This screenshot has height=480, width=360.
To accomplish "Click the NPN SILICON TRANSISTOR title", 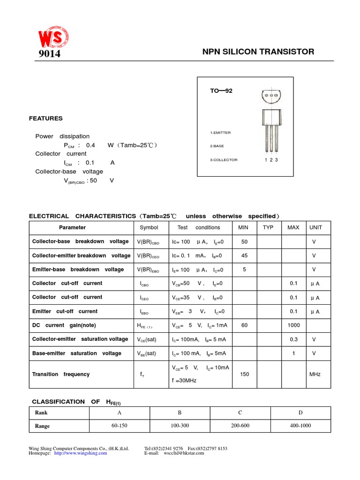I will (258, 52).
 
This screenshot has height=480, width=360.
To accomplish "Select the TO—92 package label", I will (221, 91).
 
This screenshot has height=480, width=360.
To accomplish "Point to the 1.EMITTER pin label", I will (220, 133).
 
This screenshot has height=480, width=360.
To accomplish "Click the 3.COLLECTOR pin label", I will (224, 160).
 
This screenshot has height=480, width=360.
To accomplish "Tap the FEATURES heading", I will (45, 119).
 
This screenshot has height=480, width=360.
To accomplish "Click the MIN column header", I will (243, 227).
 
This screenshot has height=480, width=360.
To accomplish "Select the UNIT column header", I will (315, 227).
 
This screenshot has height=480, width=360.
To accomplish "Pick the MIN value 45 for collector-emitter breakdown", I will (244, 255).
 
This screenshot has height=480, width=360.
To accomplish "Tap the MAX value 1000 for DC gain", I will (293, 325).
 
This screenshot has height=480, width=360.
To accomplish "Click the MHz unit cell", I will (315, 374).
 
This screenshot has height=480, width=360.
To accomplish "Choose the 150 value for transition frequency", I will (244, 374).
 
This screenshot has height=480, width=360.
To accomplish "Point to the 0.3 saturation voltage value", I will (293, 339).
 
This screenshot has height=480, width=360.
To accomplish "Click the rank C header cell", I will (240, 412).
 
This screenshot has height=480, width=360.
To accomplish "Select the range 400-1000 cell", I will (300, 426).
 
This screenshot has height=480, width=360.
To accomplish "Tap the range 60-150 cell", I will (119, 426).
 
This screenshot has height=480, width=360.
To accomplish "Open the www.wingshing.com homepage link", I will (81, 453).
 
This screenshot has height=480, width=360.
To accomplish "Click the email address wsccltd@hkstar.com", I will (184, 453).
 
